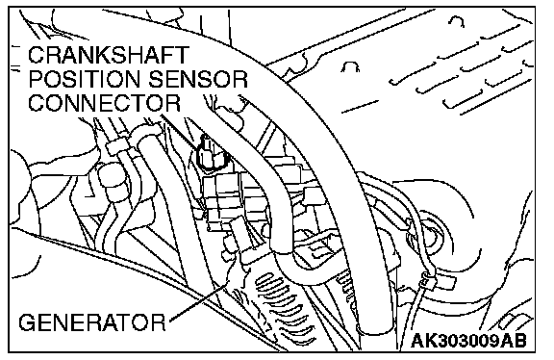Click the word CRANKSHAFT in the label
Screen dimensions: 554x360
(x=109, y=56)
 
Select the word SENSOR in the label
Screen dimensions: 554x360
(x=198, y=79)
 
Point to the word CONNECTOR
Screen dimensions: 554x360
(x=104, y=103)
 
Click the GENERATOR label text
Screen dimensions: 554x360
(x=92, y=322)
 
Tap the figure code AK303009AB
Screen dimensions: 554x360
(x=468, y=341)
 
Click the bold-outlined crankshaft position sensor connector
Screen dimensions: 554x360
(x=211, y=152)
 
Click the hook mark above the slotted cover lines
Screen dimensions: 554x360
(x=457, y=21)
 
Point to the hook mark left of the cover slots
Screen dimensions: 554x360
(x=351, y=66)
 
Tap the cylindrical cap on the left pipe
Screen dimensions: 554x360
(x=111, y=179)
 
